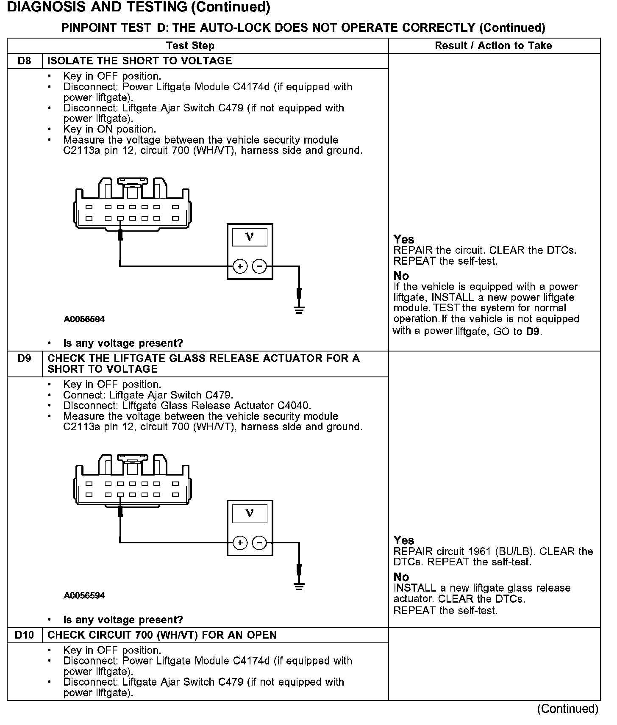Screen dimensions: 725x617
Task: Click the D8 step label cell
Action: point(25,61)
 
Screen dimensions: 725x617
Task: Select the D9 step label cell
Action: point(25,359)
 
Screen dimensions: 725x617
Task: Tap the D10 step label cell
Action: point(25,635)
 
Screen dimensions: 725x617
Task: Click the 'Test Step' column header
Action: point(190,46)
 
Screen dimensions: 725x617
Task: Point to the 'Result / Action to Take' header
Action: point(493,46)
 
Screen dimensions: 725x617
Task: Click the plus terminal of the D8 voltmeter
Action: point(240,266)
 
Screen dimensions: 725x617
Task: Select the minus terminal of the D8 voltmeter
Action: point(259,266)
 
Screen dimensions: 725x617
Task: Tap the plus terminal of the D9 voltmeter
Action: point(240,542)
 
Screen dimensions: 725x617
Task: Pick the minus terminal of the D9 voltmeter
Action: point(259,542)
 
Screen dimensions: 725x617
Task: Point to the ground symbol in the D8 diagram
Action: point(299,310)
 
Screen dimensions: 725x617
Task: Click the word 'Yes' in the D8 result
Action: point(404,239)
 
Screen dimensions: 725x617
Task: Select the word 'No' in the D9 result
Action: point(401,577)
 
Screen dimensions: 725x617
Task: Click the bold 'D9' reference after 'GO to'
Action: point(533,332)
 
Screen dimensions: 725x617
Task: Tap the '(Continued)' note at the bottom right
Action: point(567,709)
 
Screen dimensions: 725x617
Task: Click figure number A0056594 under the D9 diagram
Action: point(84,596)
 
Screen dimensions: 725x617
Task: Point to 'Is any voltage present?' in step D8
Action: point(123,343)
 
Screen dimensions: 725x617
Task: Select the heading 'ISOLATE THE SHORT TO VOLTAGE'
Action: point(140,61)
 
